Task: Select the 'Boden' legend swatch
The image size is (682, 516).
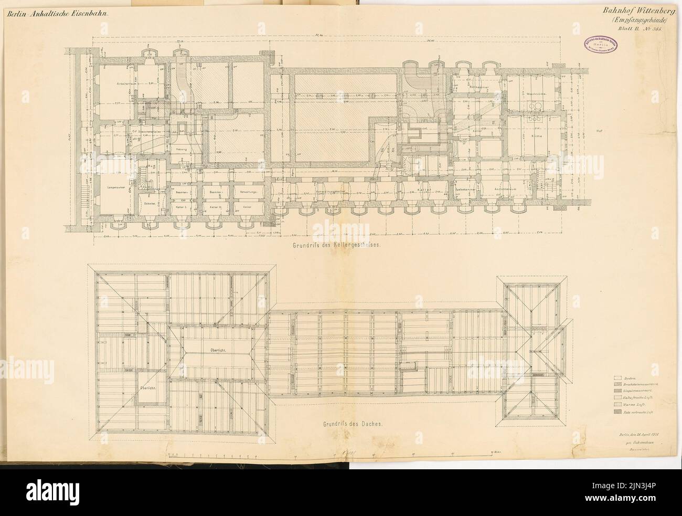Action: point(617,378)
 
